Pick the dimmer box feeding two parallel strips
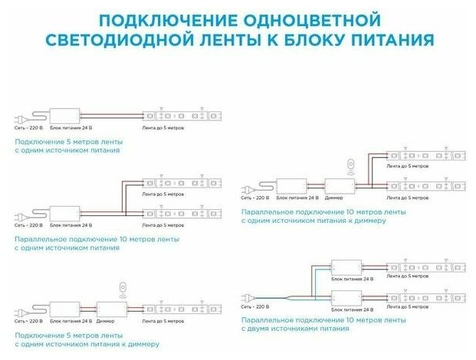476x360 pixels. [337, 185]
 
